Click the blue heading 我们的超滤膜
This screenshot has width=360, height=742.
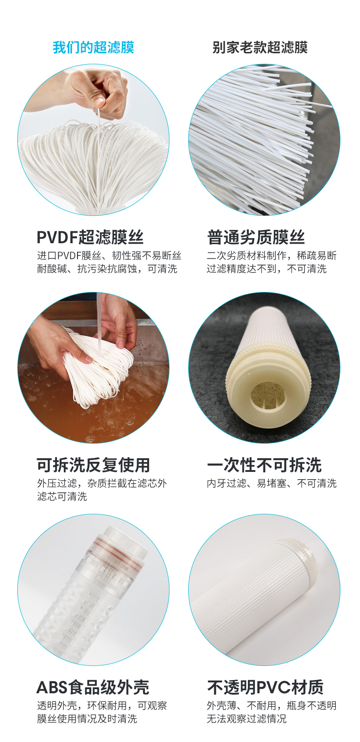coord(93,47)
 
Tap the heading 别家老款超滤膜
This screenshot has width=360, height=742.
coord(260,47)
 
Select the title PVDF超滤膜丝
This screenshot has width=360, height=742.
coord(90,237)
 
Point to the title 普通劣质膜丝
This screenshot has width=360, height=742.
coord(256,237)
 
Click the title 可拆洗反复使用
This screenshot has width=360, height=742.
coord(93,465)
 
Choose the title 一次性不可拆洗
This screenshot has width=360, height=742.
coord(264,465)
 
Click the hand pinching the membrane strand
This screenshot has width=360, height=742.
coord(99,91)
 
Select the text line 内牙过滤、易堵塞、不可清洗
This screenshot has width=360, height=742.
coord(272,483)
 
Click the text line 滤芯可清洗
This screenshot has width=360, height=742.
coord(62,496)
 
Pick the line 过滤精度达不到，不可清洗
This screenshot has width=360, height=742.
coord(267,269)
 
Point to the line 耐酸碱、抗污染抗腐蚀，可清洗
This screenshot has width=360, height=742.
coord(107,269)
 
